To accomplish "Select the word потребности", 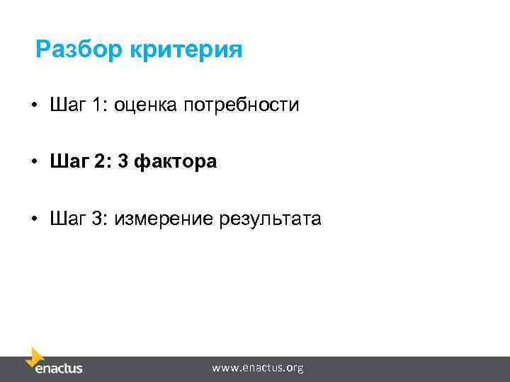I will click(242, 106).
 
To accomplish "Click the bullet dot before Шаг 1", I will click(34, 107).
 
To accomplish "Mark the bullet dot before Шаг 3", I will click(34, 220).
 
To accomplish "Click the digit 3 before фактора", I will click(123, 163).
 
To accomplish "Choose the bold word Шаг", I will click(67, 163).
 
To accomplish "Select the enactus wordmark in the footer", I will click(59, 369).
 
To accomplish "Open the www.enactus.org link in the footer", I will click(258, 368).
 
